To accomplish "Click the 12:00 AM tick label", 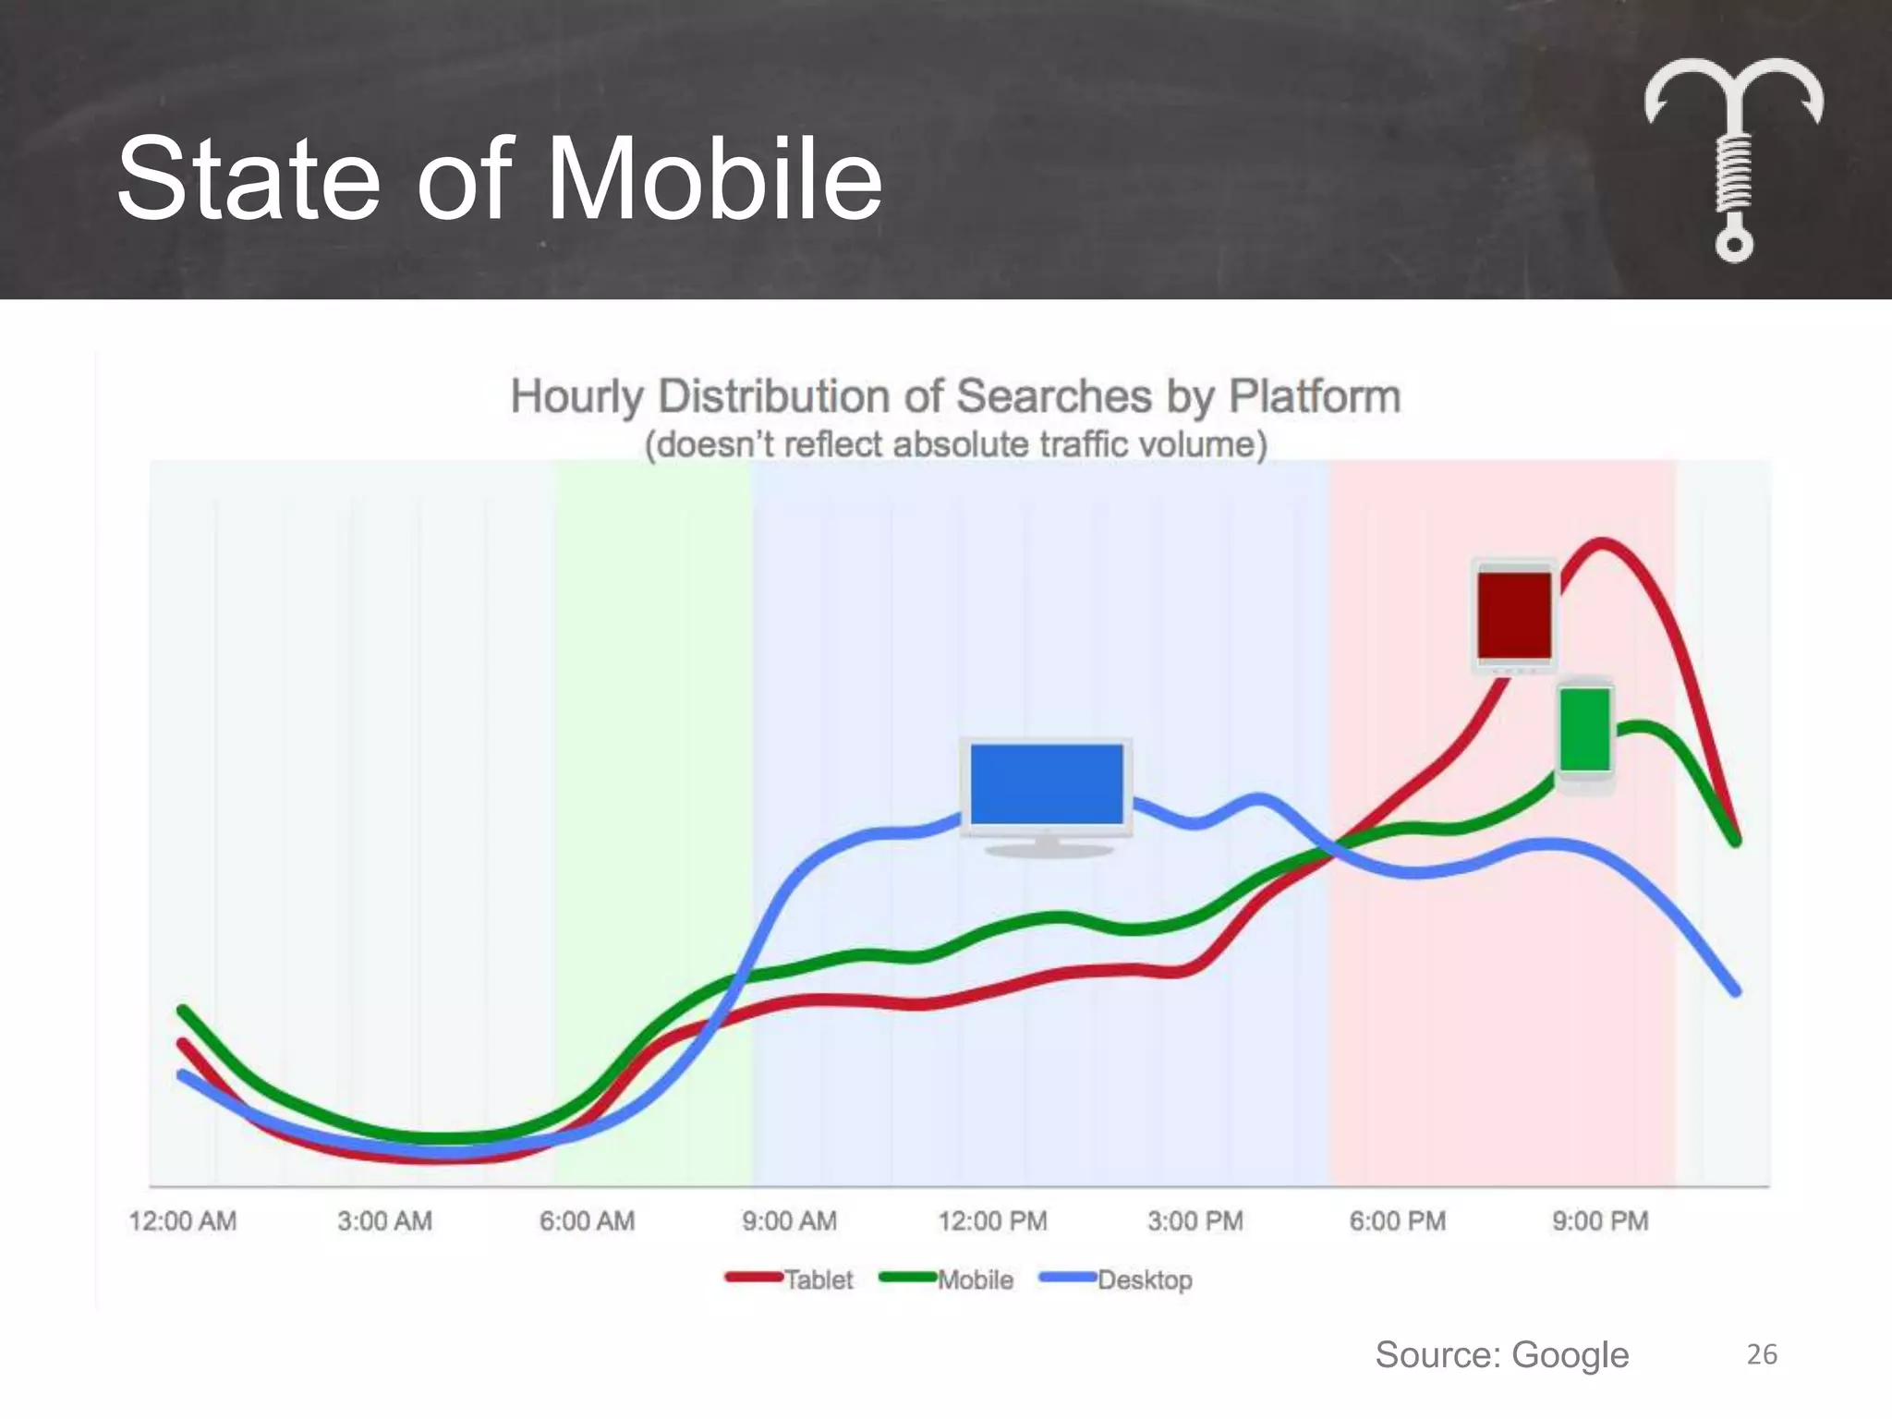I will click(x=183, y=1221).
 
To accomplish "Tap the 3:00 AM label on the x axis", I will click(x=384, y=1221).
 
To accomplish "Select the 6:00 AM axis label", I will click(x=588, y=1221).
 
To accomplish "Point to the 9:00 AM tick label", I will click(x=790, y=1221).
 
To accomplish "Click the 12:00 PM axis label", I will click(x=993, y=1221).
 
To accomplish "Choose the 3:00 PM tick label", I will click(x=1195, y=1221).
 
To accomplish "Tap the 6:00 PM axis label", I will click(x=1398, y=1221).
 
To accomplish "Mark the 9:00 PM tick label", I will click(x=1600, y=1221).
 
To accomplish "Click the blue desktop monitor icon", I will click(x=1047, y=794).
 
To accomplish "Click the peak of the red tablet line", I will click(x=1600, y=544).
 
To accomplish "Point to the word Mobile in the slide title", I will click(x=714, y=178).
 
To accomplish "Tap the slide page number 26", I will click(x=1762, y=1354).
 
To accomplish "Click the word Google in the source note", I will click(x=1570, y=1355).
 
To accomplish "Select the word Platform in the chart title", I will click(x=1315, y=396).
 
